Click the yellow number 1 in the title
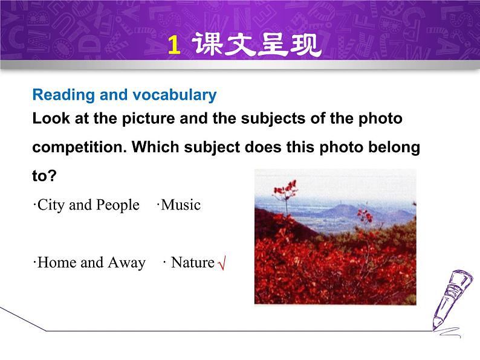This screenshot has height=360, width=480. click(x=174, y=45)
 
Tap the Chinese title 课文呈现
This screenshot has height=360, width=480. click(x=257, y=45)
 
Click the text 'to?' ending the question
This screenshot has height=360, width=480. click(x=44, y=176)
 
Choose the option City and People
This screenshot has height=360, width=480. click(x=86, y=205)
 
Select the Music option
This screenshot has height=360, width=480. click(x=180, y=205)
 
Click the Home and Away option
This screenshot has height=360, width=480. click(x=90, y=263)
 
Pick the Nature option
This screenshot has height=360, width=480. click(x=192, y=263)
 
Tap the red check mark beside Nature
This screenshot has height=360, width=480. click(x=221, y=264)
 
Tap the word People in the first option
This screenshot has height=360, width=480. click(x=119, y=205)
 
